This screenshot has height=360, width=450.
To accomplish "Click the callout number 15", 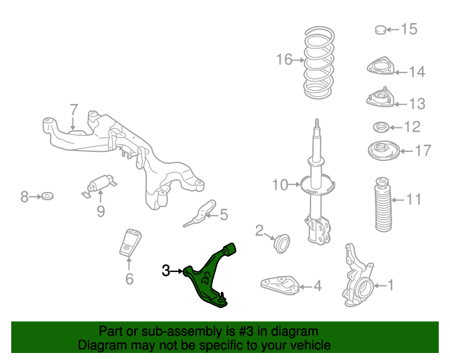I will (409, 29).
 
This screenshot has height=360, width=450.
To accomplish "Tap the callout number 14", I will (416, 71).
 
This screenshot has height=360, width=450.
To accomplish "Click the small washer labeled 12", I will (380, 128).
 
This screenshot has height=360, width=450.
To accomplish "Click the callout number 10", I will (281, 185).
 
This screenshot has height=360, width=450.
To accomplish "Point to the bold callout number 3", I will (166, 270).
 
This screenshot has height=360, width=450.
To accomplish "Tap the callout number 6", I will (129, 279).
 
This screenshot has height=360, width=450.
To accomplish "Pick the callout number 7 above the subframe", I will (73, 110).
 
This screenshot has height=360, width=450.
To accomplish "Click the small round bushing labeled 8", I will (48, 195).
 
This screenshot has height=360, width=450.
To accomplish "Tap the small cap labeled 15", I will (378, 30).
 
